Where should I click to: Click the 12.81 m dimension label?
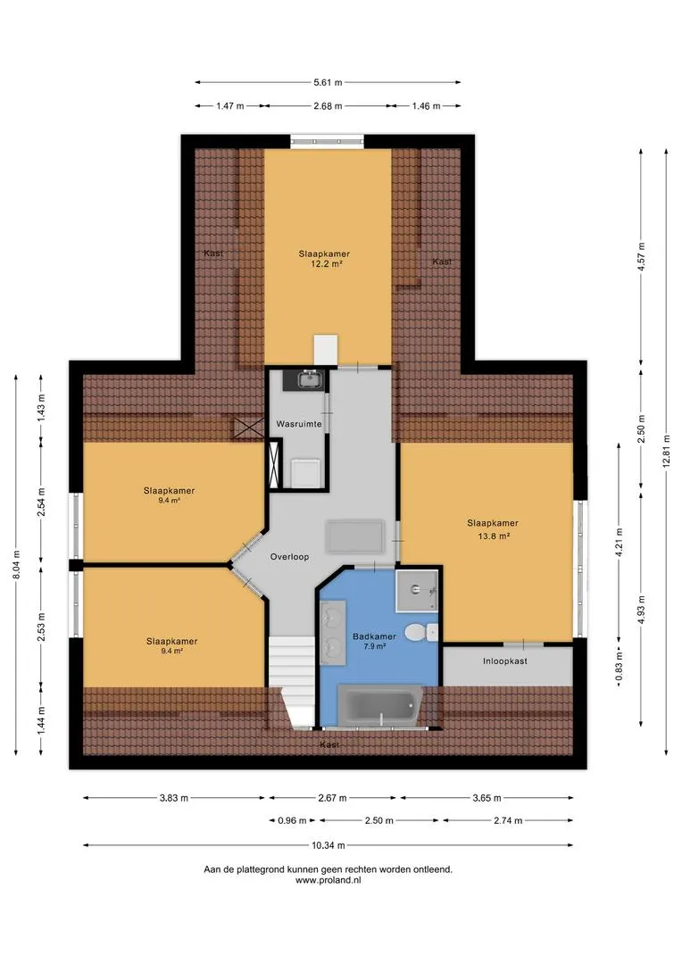coord(667,452)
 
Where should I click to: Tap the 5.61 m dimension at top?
coord(328,82)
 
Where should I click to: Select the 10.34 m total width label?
coord(328,845)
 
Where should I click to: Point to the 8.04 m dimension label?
coord(16,564)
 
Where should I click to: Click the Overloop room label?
coord(289,557)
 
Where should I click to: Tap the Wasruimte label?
coord(299,424)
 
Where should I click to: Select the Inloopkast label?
coord(505,661)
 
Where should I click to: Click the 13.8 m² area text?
coord(493,536)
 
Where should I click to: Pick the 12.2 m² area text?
coord(326,263)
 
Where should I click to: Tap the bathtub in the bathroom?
coord(380,706)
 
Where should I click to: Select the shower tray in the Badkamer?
coord(417,591)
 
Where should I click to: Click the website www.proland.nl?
coord(328,880)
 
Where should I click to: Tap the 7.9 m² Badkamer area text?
coord(374,646)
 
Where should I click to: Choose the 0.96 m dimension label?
coord(292,820)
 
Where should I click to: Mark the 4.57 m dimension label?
coord(641,257)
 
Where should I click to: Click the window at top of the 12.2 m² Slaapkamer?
coord(327,142)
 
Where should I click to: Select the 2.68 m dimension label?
coord(328,105)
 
